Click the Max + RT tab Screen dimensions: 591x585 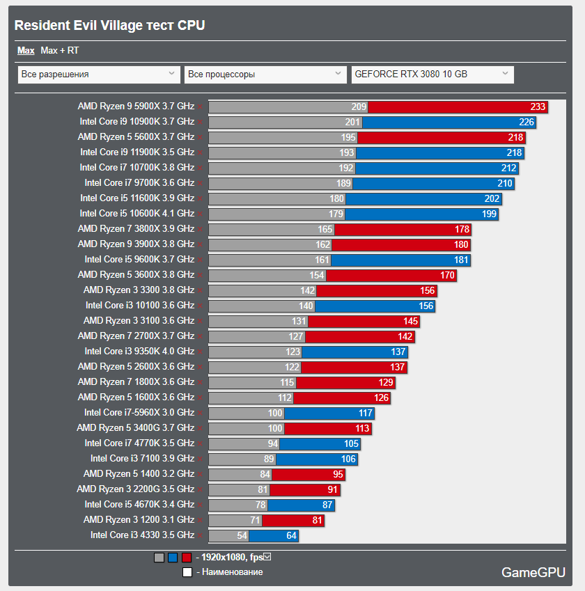pyautogui.click(x=60, y=51)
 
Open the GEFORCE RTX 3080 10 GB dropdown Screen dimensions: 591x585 pyautogui.click(x=432, y=74)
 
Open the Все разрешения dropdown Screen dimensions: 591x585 pyautogui.click(x=98, y=74)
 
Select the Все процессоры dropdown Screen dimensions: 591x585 pyautogui.click(x=265, y=74)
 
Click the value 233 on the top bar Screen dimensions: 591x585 pyautogui.click(x=538, y=107)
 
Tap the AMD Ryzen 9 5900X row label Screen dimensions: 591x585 pyautogui.click(x=136, y=107)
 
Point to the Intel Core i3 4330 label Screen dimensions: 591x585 pyautogui.click(x=142, y=535)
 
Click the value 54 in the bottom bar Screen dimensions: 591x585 pyautogui.click(x=242, y=535)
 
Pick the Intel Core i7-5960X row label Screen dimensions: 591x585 pyautogui.click(x=139, y=413)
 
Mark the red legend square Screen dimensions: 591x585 pyautogui.click(x=186, y=558)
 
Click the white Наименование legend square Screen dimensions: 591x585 pyautogui.click(x=187, y=572)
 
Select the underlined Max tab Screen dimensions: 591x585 pyautogui.click(x=26, y=51)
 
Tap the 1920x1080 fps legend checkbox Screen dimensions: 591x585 pyautogui.click(x=267, y=557)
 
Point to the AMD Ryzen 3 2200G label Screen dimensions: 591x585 pyautogui.click(x=135, y=489)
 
